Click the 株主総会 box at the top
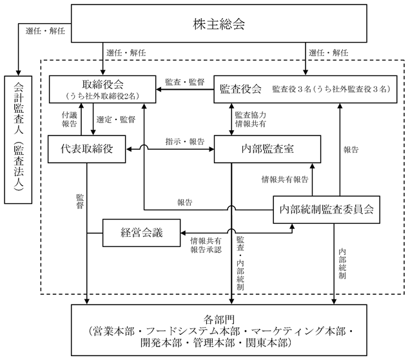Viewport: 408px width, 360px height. (x=219, y=23)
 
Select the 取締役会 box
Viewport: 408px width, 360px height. (x=102, y=89)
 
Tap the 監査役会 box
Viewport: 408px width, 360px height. (x=306, y=89)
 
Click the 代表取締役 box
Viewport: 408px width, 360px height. (x=86, y=149)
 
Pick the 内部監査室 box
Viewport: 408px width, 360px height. (x=267, y=149)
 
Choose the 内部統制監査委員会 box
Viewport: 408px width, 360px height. (x=326, y=210)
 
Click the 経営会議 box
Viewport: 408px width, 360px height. (x=141, y=233)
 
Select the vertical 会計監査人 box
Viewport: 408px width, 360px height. (x=18, y=139)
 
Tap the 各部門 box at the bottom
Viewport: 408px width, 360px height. (x=219, y=330)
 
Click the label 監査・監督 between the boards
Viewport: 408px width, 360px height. (x=185, y=83)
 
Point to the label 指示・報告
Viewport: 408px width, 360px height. (x=185, y=141)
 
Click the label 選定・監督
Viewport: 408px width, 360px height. (x=116, y=119)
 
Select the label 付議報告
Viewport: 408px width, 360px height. (x=69, y=119)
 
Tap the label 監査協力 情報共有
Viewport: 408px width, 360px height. (x=251, y=119)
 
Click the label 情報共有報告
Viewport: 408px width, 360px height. (x=285, y=179)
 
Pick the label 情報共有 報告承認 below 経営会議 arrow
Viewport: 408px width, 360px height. (x=206, y=245)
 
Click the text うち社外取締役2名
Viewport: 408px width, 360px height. (x=102, y=96)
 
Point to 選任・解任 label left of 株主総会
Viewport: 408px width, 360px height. (x=45, y=31)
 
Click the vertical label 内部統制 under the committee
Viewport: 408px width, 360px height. (x=342, y=264)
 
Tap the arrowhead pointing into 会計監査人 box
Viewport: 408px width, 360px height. (x=18, y=73)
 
